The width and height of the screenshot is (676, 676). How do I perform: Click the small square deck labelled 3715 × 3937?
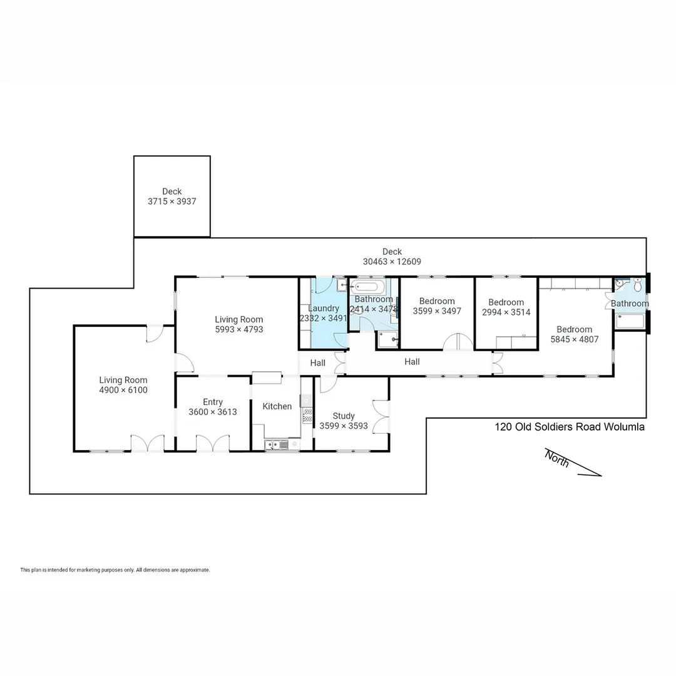pyautogui.click(x=172, y=197)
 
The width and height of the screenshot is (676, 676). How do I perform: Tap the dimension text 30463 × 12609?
pyautogui.click(x=392, y=262)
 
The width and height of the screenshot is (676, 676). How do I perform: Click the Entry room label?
pyautogui.click(x=213, y=402)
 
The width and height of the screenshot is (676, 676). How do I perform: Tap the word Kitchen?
pyautogui.click(x=277, y=406)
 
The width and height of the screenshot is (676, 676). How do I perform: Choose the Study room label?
pyautogui.click(x=344, y=416)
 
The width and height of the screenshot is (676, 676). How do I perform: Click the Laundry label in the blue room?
pyautogui.click(x=324, y=308)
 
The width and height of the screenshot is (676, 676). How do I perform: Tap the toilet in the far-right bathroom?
pyautogui.click(x=637, y=286)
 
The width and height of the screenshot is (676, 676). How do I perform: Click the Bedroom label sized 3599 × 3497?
pyautogui.click(x=437, y=301)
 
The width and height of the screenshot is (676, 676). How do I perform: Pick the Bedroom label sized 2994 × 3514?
pyautogui.click(x=506, y=302)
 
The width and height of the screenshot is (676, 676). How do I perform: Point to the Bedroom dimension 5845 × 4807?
pyautogui.click(x=575, y=340)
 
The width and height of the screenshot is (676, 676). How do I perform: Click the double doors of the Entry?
pyautogui.click(x=213, y=443)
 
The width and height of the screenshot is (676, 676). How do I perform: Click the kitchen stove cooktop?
pyautogui.click(x=307, y=415)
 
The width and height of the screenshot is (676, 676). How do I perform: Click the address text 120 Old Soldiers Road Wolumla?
pyautogui.click(x=569, y=428)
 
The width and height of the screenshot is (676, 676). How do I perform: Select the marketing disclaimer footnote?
pyautogui.click(x=115, y=570)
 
